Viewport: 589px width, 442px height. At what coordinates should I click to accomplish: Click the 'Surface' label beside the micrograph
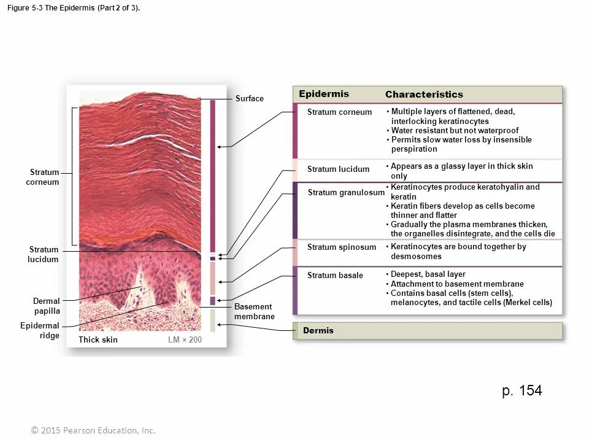coord(249,99)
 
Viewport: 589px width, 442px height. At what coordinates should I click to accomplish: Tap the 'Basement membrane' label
coord(254,311)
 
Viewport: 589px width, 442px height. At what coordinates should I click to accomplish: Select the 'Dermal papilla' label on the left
coord(47,306)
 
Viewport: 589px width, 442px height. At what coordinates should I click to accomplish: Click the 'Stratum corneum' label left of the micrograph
coord(43,177)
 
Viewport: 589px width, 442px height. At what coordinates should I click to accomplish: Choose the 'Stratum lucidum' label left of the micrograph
coord(43,254)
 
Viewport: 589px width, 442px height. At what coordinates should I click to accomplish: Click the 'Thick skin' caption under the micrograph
coord(98,339)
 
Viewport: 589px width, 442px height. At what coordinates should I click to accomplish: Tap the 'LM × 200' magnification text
coord(185,339)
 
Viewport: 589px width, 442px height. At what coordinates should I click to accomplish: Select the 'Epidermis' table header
coord(323,94)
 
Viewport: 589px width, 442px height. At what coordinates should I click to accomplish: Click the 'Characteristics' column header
coord(424,95)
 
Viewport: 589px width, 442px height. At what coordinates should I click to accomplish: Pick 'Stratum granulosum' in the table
coord(346,193)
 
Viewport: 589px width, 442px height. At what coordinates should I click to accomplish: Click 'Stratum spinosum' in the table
coord(341,247)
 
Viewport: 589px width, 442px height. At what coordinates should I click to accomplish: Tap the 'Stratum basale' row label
coord(335,275)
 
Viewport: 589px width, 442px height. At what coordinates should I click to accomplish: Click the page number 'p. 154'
coord(522,391)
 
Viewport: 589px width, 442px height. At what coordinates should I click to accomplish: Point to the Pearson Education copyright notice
coord(94,430)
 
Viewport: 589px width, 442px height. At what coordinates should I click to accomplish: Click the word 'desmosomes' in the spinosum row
coord(416,256)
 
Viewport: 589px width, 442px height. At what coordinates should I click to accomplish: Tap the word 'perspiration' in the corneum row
coord(414,149)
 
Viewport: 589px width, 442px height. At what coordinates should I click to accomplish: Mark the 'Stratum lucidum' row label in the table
coord(338,169)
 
